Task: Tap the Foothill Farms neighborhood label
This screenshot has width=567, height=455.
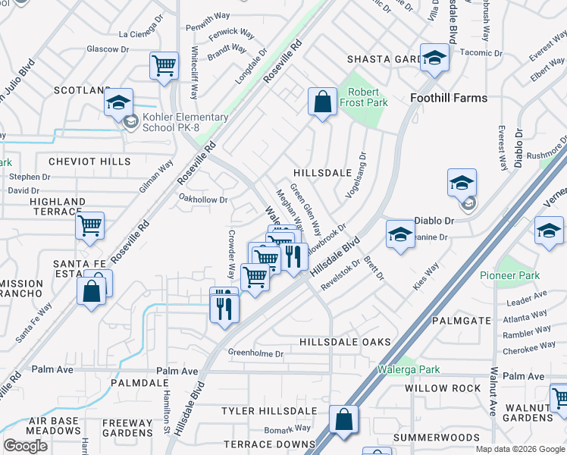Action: coord(448,98)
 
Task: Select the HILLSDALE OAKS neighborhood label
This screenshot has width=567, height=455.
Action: coord(345,342)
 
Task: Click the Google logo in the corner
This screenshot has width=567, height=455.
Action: coord(25,446)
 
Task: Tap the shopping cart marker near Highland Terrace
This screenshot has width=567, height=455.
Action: coord(90,225)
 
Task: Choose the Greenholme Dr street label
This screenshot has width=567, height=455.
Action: coord(255,353)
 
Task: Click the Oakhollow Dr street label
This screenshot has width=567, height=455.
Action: coord(202,199)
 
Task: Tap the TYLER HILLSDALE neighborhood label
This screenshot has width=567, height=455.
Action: coord(268,410)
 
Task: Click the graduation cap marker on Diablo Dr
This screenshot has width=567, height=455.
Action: coord(462,184)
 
